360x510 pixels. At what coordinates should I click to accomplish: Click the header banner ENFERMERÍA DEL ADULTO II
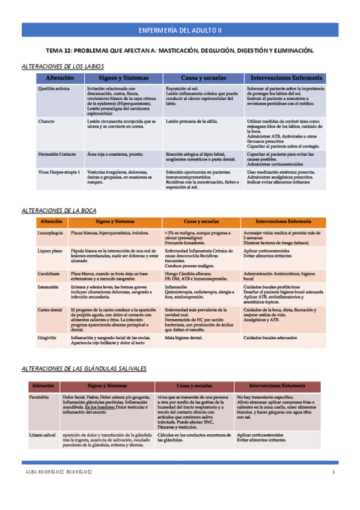(180, 29)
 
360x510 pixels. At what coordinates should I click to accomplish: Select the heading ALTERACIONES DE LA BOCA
(58, 210)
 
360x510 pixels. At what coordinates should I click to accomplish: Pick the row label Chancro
(46, 121)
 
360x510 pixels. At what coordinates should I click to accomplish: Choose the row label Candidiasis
(50, 272)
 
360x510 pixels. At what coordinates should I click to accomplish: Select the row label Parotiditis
(41, 398)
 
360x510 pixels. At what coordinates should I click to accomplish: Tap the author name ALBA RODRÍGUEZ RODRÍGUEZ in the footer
(58, 472)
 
